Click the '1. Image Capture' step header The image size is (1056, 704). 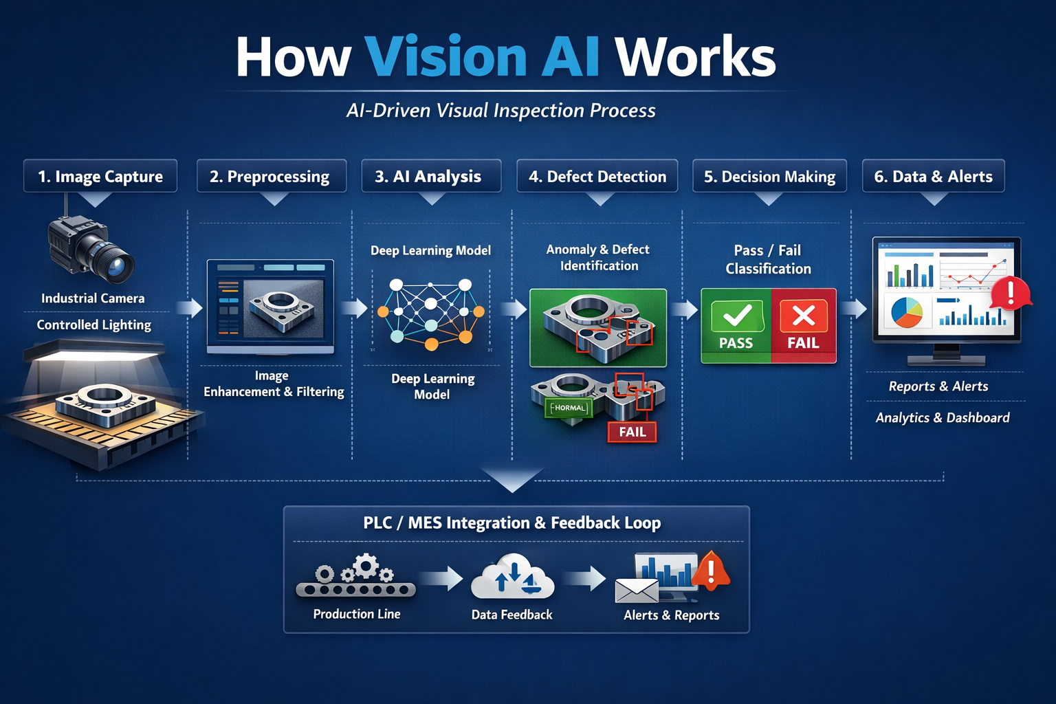tap(100, 177)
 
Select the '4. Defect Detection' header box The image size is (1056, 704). tap(597, 177)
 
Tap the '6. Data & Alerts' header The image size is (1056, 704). tap(933, 177)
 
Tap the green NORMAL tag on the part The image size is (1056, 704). tap(568, 408)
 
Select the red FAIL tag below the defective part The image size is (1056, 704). tap(632, 432)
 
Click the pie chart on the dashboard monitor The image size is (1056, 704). tap(907, 312)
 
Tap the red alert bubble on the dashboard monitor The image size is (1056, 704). tap(1010, 294)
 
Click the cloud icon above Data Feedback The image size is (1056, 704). tap(512, 577)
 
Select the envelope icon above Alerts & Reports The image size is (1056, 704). tap(637, 590)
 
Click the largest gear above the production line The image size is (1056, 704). tap(366, 566)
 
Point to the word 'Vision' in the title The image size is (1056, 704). tap(445, 56)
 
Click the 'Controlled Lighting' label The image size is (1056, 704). tap(94, 324)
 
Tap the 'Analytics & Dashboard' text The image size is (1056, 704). tap(943, 417)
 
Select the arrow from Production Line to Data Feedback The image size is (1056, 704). tap(443, 579)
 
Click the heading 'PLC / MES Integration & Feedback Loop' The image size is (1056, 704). tap(512, 523)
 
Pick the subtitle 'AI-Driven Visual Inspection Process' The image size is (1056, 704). tap(501, 111)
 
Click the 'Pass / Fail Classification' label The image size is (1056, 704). tap(768, 259)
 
